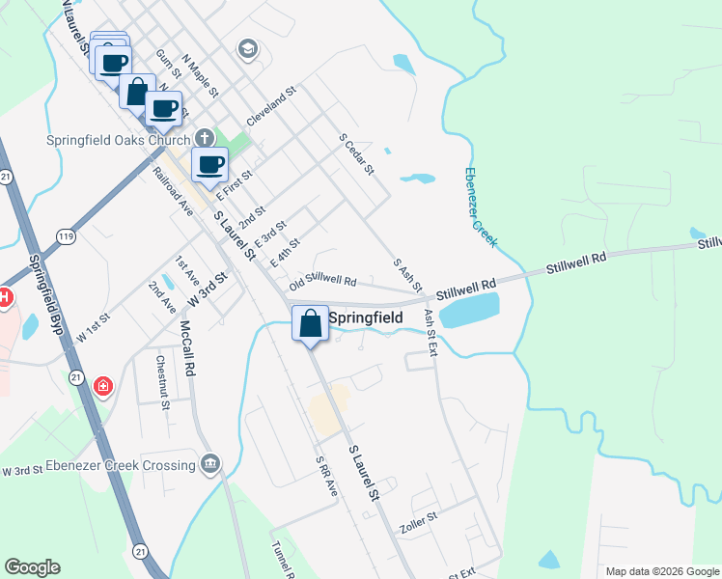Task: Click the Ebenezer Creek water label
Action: coord(480,207)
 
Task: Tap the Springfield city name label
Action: coord(366,317)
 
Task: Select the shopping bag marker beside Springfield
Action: coord(311,323)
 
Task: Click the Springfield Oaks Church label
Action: coord(119,139)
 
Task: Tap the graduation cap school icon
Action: coord(248,49)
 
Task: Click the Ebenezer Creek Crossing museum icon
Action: coord(210,466)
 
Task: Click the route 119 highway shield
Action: coord(66,234)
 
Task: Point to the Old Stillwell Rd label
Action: coord(322,279)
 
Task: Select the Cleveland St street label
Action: coord(271,106)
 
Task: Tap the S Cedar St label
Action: coord(355,154)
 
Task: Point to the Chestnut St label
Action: coord(163,381)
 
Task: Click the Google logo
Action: coord(32,567)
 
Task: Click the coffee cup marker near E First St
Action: coord(210,165)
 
